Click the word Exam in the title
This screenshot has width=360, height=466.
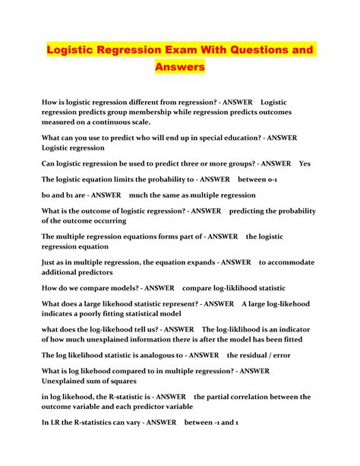coord(183,50)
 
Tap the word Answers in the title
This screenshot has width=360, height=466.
coord(180,68)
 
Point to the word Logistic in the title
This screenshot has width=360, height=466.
coord(74,50)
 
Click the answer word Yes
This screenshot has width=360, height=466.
coord(305,163)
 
